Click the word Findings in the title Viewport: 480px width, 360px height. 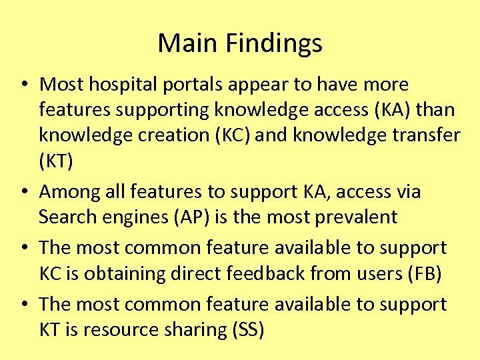click(273, 44)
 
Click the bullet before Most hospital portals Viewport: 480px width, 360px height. click(23, 85)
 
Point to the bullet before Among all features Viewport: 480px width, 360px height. click(23, 192)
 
